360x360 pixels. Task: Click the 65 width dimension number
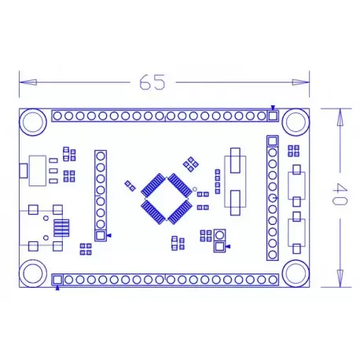pos(152,83)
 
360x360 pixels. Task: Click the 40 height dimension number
pos(340,193)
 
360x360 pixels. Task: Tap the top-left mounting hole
pos(33,122)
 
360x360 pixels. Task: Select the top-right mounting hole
pos(296,122)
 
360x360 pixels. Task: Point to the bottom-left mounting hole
pos(33,274)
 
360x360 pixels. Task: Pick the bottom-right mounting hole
pos(296,274)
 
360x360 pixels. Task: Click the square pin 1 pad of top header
pos(273,116)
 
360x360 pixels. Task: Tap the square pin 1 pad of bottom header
pos(57,280)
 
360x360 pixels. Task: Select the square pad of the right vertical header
pos(273,141)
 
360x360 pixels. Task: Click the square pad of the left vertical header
pos(101,236)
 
